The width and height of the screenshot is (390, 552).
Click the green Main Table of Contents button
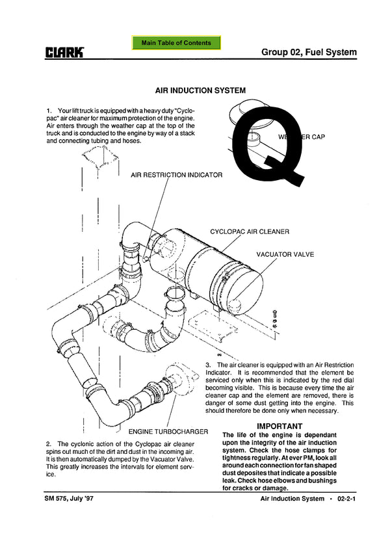[176, 43]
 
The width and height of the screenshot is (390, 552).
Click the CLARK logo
[65, 52]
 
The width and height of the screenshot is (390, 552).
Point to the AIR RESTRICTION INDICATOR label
[176, 175]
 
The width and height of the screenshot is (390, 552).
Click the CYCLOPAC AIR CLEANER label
[250, 231]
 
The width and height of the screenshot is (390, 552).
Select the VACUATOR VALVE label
[285, 254]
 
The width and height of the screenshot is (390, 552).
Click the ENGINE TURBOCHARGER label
[168, 431]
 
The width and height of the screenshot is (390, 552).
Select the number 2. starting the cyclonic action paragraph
[49, 443]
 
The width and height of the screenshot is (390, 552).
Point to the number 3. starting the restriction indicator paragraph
[208, 365]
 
